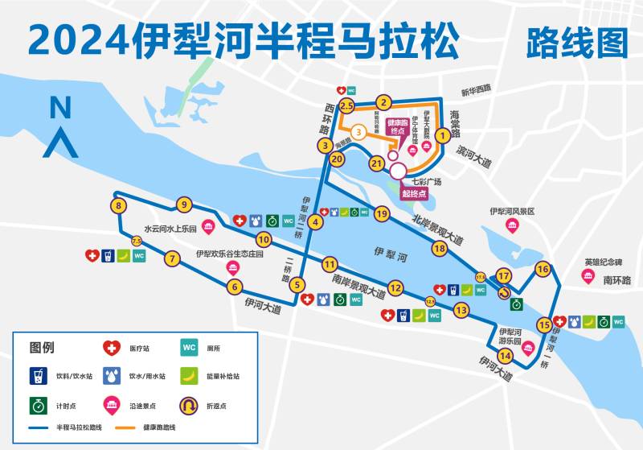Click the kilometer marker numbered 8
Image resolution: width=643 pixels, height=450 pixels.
click(119, 206)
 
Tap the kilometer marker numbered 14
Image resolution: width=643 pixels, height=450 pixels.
click(506, 356)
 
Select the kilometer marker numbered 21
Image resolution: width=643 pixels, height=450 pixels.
click(375, 163)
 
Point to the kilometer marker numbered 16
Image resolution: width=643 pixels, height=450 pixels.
click(543, 269)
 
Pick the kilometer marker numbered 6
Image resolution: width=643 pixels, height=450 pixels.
click(235, 286)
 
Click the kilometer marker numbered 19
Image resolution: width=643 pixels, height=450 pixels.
click(381, 213)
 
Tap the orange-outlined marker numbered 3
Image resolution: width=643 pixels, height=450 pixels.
click(359, 130)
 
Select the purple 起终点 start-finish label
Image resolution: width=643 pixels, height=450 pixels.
click(415, 194)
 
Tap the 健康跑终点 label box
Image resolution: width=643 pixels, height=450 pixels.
click(395, 127)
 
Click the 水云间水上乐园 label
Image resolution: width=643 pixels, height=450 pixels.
click(171, 228)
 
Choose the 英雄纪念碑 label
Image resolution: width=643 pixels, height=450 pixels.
click(603, 262)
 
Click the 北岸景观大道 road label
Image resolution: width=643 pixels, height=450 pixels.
click(438, 230)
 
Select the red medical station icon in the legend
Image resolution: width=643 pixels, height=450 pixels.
click(110, 349)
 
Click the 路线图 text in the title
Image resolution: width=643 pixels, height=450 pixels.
click(576, 42)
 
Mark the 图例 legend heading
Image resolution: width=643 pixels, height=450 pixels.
click(42, 349)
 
